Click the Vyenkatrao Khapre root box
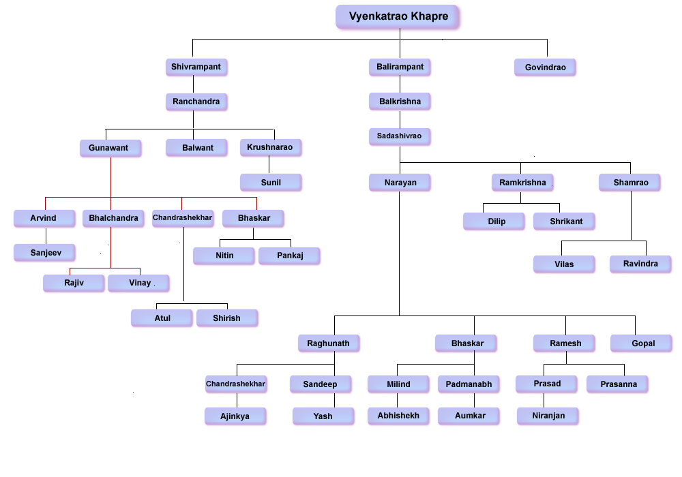[x=398, y=17]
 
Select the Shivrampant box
[x=196, y=67]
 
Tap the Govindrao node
[x=545, y=67]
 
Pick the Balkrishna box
[x=400, y=102]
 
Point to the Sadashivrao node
[x=400, y=136]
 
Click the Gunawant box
[x=110, y=148]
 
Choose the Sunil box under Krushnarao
[x=271, y=183]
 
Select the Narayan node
[x=400, y=183]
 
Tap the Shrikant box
[x=566, y=221]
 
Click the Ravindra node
[x=640, y=264]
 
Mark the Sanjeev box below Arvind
[x=45, y=253]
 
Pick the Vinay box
[x=139, y=283]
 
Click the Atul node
[x=162, y=318]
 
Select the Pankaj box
[x=289, y=256]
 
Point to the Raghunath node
[x=328, y=343]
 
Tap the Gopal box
[x=642, y=343]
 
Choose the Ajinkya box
[x=235, y=416]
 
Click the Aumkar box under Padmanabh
[x=470, y=415]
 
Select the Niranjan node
[x=548, y=416]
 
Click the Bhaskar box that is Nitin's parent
[x=254, y=219]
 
